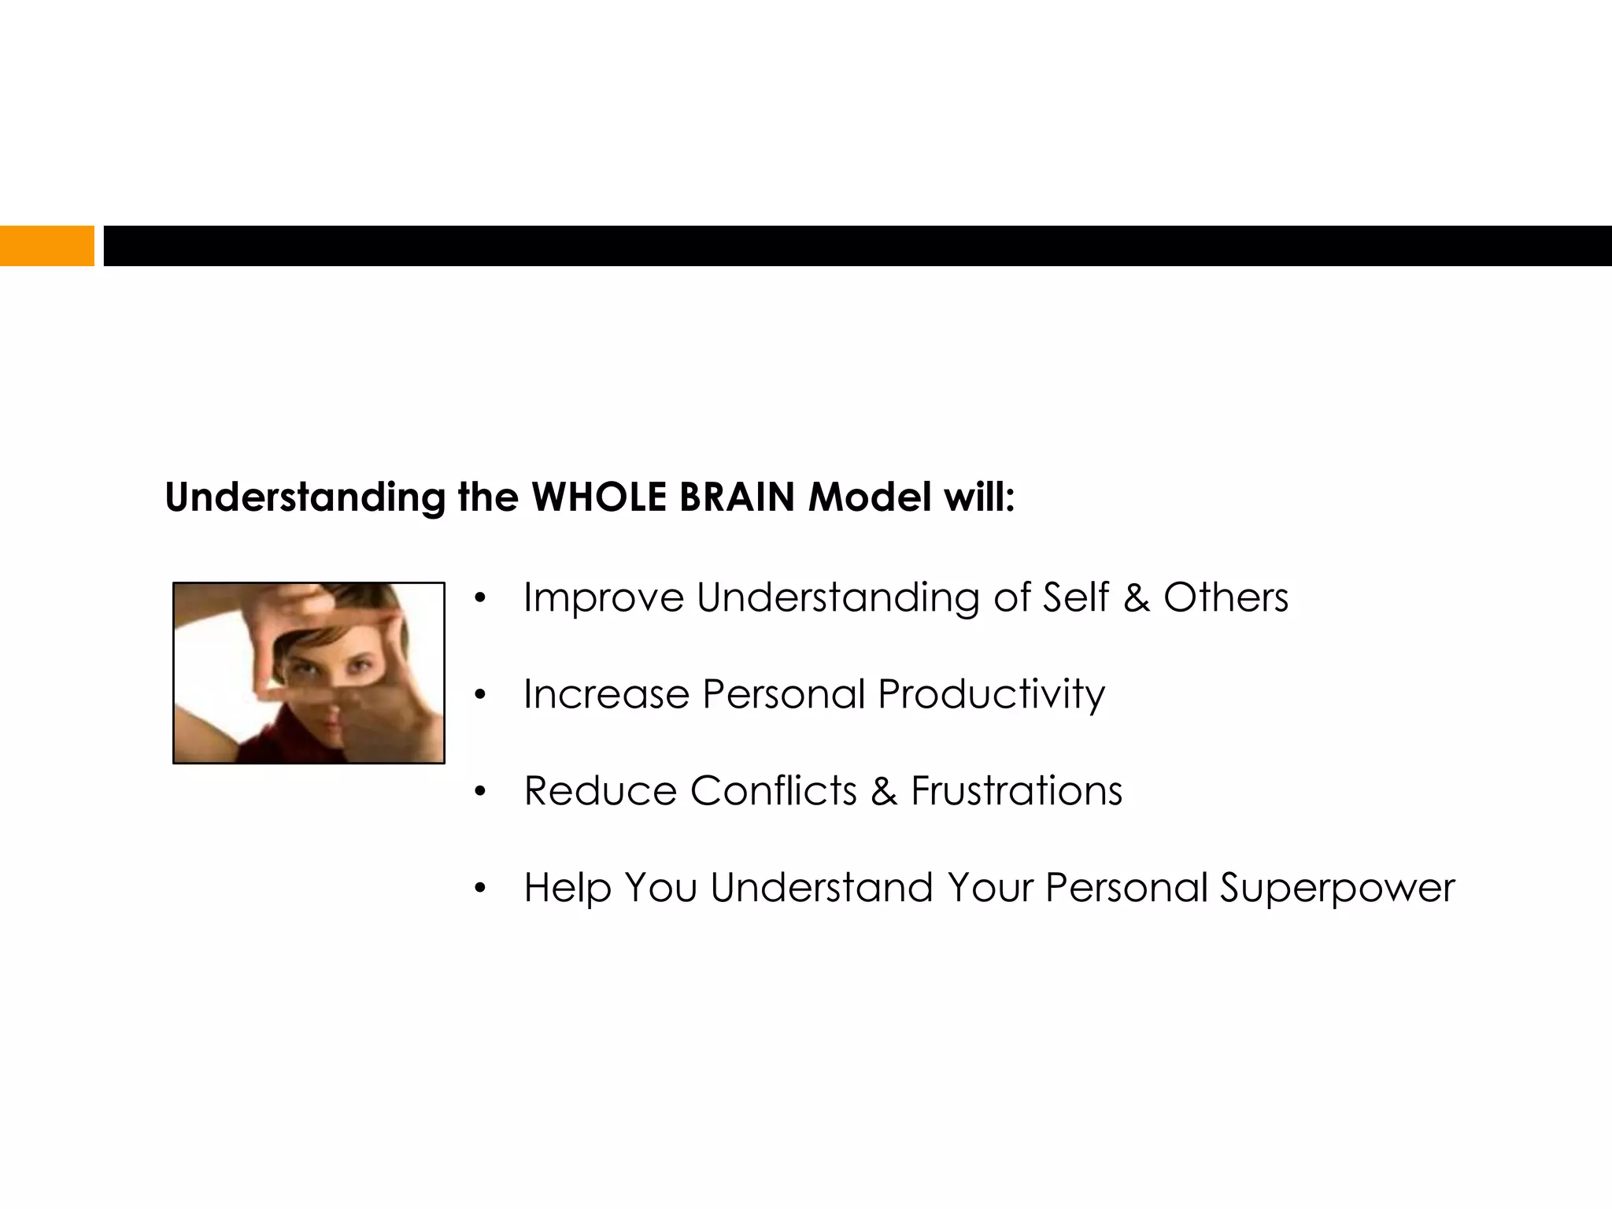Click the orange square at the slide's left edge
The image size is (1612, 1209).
46,246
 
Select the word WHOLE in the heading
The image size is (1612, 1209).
598,497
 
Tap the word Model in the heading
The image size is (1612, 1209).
870,497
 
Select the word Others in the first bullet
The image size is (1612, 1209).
1226,598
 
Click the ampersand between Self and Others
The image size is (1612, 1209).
1136,598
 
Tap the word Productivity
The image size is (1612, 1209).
991,695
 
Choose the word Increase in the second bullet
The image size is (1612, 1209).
606,695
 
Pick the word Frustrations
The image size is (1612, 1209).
1016,791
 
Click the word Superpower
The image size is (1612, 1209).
1337,889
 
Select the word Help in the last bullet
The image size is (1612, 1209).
568,889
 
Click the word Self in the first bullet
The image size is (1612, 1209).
1075,598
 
